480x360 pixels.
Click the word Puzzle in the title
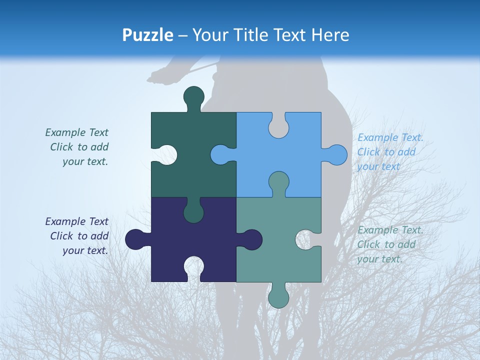(148, 35)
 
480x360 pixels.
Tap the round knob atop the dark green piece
(193, 97)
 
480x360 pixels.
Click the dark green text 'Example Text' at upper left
(76, 132)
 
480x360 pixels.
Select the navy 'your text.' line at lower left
(85, 250)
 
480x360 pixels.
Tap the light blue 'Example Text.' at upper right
(390, 137)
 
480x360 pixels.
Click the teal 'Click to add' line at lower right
(386, 244)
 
